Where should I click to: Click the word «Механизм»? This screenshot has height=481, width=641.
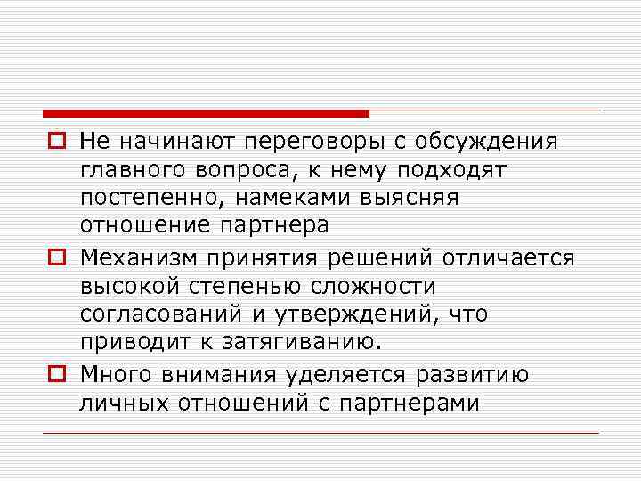coord(138,257)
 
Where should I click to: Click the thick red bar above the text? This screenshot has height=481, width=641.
coord(206,114)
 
